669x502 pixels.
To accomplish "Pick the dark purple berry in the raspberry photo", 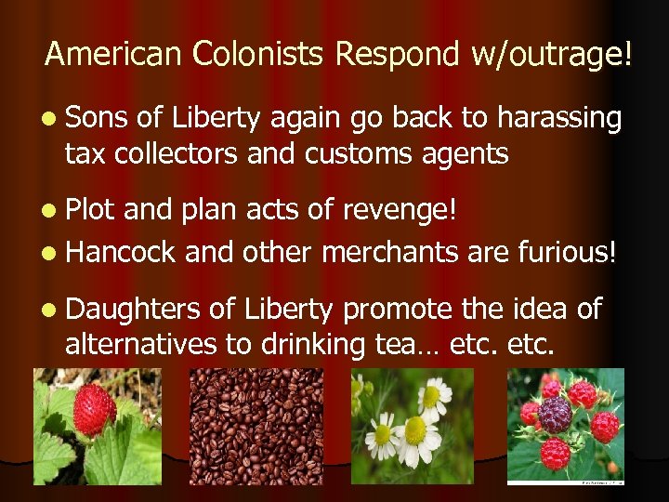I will [556, 415].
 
